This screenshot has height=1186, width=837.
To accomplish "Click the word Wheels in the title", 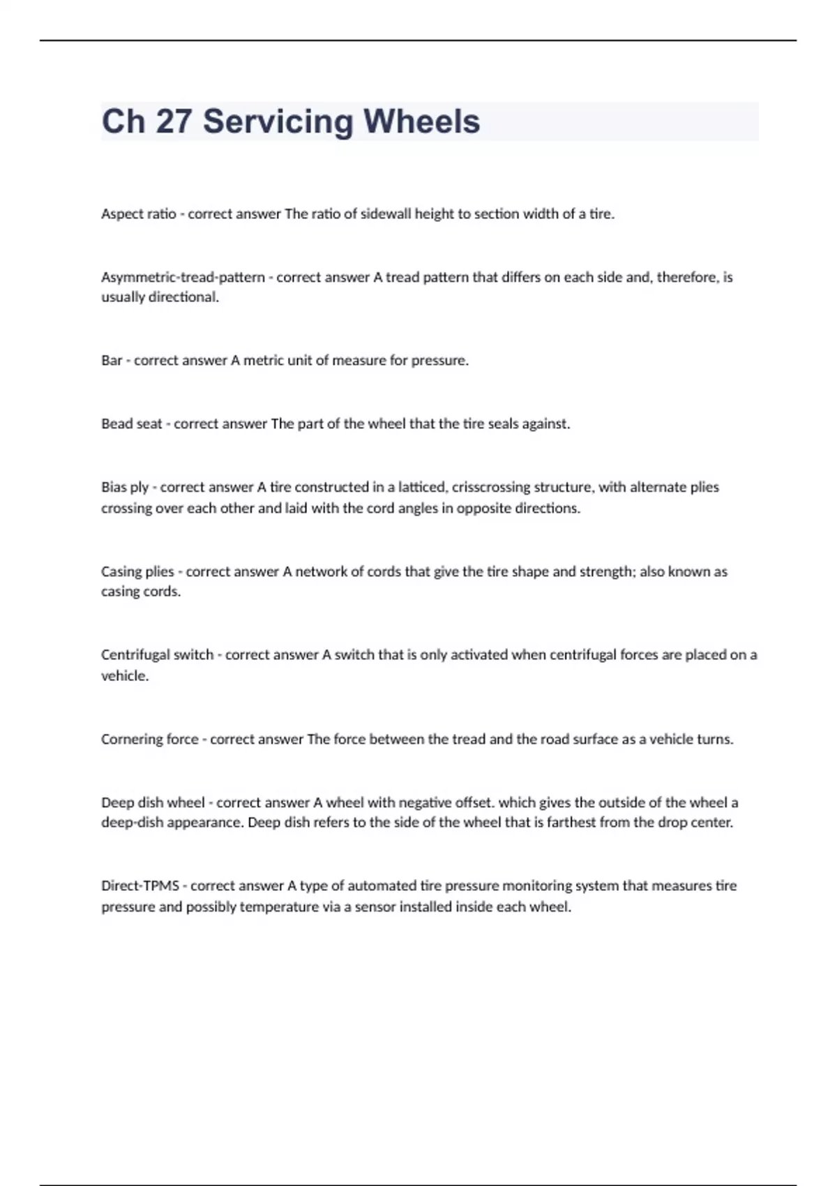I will (421, 121).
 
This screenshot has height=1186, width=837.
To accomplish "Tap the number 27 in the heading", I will (174, 121).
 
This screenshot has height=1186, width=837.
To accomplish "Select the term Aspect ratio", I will (138, 214).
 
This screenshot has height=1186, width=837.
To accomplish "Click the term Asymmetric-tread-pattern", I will (183, 278).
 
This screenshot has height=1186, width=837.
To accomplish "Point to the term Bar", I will (112, 361).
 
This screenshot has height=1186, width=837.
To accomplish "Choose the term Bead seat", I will (131, 424).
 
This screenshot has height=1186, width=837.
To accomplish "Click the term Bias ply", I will (125, 488).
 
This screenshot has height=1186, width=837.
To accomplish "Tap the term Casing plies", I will (137, 572).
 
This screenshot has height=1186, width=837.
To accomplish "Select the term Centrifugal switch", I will (157, 655).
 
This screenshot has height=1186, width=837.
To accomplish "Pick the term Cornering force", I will (149, 740).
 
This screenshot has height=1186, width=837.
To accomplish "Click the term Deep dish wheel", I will (153, 803).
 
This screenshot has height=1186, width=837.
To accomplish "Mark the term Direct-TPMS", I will (140, 886).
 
